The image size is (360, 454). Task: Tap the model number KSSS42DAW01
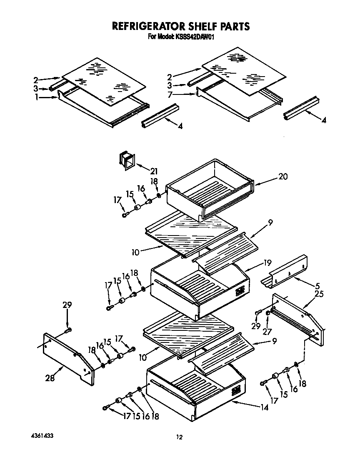pyautogui.click(x=195, y=37)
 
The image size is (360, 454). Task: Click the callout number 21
pyautogui.click(x=154, y=171)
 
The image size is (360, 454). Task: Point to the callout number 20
pyautogui.click(x=283, y=176)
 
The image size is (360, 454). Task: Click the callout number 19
pyautogui.click(x=267, y=263)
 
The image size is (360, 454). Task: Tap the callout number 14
pyautogui.click(x=264, y=408)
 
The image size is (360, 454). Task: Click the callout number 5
pyautogui.click(x=317, y=286)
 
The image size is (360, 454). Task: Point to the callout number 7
pyautogui.click(x=170, y=95)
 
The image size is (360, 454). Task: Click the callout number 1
pyautogui.click(x=37, y=97)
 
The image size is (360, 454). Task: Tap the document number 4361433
pyautogui.click(x=42, y=436)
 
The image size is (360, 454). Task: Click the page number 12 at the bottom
pyautogui.click(x=179, y=437)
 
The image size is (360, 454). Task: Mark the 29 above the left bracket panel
pyautogui.click(x=67, y=305)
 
